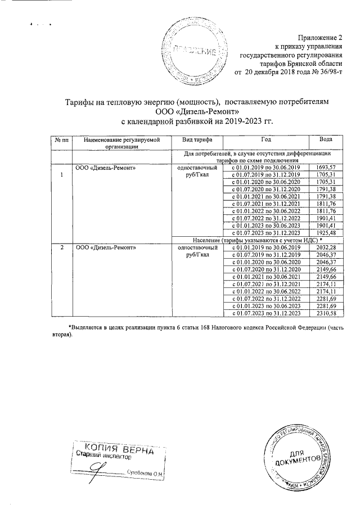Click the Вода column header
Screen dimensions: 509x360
pos(325,140)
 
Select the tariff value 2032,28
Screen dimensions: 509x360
pos(326,247)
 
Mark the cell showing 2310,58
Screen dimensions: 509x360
pos(326,313)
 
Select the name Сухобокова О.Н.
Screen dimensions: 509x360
pos(145,474)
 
